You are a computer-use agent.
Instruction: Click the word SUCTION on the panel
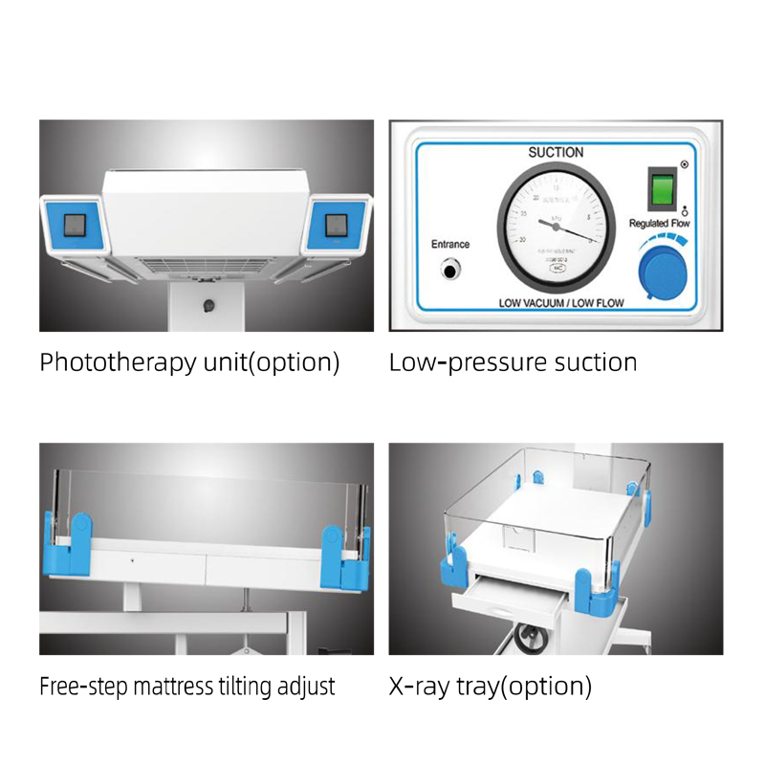[x=556, y=153]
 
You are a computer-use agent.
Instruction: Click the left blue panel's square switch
[x=75, y=226]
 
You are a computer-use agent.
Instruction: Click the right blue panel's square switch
[x=337, y=226]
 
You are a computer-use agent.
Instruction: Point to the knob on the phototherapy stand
[x=208, y=306]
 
